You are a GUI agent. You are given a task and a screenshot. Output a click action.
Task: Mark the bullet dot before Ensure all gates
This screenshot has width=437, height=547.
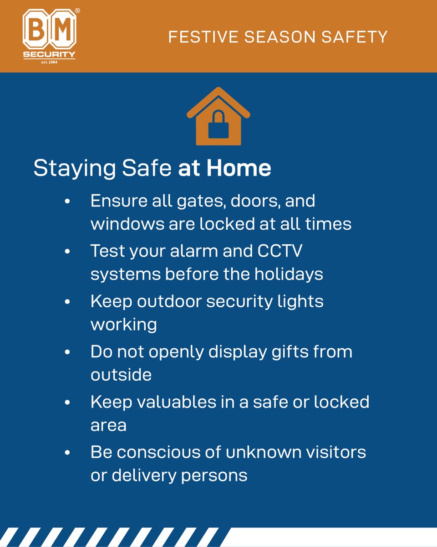pyautogui.click(x=68, y=201)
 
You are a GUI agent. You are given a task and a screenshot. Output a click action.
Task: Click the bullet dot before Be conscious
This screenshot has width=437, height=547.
pyautogui.click(x=68, y=453)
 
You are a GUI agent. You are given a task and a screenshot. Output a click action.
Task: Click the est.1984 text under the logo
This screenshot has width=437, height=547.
pyautogui.click(x=49, y=62)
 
